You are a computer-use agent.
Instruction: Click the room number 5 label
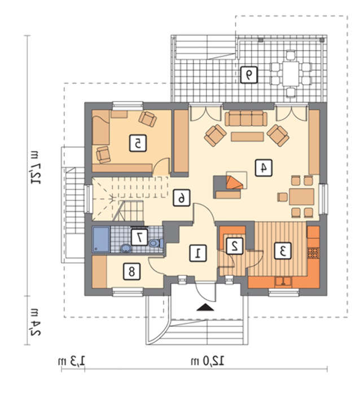[x=138, y=143]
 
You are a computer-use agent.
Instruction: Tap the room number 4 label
[x=264, y=168]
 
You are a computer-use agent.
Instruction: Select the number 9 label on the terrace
[x=249, y=75]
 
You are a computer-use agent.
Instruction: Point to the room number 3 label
[x=283, y=251]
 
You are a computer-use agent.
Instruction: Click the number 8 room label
[x=131, y=271]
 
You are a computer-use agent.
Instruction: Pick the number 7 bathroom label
[x=139, y=237]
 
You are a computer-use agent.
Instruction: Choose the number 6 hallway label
[x=181, y=197]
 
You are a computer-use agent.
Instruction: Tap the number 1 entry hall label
[x=198, y=253]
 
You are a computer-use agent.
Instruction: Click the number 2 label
[x=235, y=245]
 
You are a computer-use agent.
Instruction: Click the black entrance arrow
[x=205, y=308]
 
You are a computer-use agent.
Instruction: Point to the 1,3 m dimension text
[x=72, y=361]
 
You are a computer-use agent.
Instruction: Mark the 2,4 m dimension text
[x=35, y=322]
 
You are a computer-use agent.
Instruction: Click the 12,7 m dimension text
[x=35, y=168]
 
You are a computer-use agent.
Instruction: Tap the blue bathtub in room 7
[x=101, y=239]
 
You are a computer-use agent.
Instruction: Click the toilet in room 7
[x=156, y=243]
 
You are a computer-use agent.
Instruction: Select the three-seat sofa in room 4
[x=246, y=118]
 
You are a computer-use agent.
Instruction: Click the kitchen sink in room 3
[x=283, y=282]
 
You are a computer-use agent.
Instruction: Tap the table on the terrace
[x=291, y=74]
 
